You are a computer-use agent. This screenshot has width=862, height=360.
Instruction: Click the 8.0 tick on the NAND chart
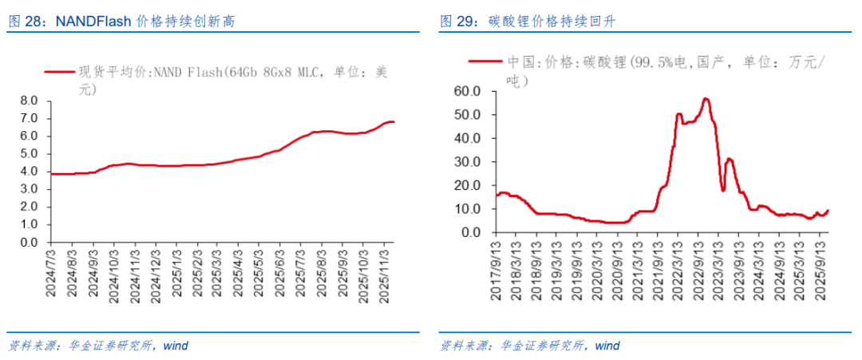coord(29,101)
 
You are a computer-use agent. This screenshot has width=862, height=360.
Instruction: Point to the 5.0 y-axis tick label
coord(29,153)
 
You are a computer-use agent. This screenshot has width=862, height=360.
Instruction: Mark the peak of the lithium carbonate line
coord(706,98)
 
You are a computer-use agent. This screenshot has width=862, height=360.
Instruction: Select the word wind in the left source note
coord(176,346)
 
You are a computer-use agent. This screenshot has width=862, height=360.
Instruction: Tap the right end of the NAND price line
coord(393,121)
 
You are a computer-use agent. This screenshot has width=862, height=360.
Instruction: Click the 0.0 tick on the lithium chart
coord(471,233)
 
